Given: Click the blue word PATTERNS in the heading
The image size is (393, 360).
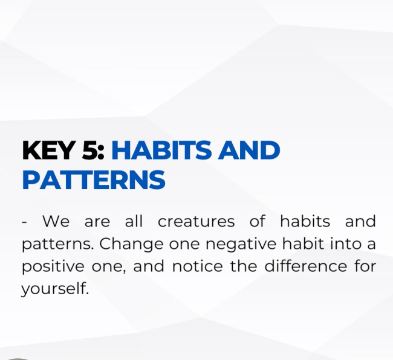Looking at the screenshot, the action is pos(94,179).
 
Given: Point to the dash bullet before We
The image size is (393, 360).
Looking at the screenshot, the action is pos(24,222).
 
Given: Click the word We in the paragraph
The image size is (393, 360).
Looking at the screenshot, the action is pos(56,221).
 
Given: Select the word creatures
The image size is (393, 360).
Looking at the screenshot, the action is pos(197,221).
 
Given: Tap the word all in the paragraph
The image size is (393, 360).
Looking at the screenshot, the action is pos(134,221).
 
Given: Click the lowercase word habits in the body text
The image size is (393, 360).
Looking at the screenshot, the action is pos(305,221).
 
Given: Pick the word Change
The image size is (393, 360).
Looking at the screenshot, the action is pos(131,243).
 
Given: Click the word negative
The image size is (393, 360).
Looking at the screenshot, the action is pos(241,244).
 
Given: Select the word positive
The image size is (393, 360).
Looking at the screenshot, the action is pos(53,266).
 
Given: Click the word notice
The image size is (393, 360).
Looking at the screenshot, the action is pos(198,266).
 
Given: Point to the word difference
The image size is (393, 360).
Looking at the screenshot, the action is pos(306,266).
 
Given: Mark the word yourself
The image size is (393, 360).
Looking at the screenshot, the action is pos(55,289).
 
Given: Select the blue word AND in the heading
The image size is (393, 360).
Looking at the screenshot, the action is pos(249,150).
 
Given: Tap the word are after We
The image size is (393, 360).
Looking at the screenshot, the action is pos(97,222).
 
